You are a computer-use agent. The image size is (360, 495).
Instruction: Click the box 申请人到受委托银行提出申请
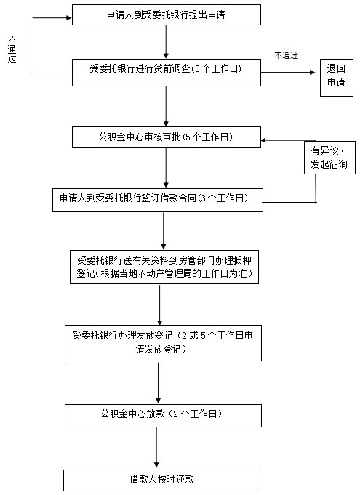pyautogui.click(x=167, y=15)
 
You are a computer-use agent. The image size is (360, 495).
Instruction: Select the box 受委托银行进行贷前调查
pyautogui.click(x=167, y=72)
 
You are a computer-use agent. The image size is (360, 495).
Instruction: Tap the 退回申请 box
pyautogui.click(x=337, y=77)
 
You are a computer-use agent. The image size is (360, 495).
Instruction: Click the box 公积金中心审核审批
pyautogui.click(x=167, y=137)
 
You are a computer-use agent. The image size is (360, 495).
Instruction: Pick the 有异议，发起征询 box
pyautogui.click(x=329, y=158)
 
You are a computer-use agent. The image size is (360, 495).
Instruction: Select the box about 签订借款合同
pyautogui.click(x=158, y=200)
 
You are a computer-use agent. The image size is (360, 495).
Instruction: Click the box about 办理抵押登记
pyautogui.click(x=164, y=267)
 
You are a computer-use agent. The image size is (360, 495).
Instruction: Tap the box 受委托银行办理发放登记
pyautogui.click(x=163, y=343)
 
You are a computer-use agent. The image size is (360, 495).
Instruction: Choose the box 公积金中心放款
pyautogui.click(x=163, y=416)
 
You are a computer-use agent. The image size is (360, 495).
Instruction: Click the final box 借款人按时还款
pyautogui.click(x=161, y=480)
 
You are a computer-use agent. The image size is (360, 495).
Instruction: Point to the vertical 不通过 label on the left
pyautogui.click(x=12, y=49)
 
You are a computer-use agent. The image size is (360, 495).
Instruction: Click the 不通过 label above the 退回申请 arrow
pyautogui.click(x=286, y=55)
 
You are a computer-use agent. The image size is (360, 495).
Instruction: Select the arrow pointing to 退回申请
pyautogui.click(x=288, y=72)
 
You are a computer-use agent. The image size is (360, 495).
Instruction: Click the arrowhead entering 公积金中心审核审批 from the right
pyautogui.click(x=264, y=140)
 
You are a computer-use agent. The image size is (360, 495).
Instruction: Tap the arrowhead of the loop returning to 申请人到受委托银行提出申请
pyautogui.click(x=69, y=18)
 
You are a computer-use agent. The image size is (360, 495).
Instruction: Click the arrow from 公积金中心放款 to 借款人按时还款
pyautogui.click(x=156, y=448)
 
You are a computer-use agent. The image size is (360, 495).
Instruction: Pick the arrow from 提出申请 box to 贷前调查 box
pyautogui.click(x=166, y=42)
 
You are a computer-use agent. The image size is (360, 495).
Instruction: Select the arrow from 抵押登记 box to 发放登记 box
pyautogui.click(x=160, y=305)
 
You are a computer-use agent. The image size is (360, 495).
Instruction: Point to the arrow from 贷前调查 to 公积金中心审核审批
pyautogui.click(x=166, y=106)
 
